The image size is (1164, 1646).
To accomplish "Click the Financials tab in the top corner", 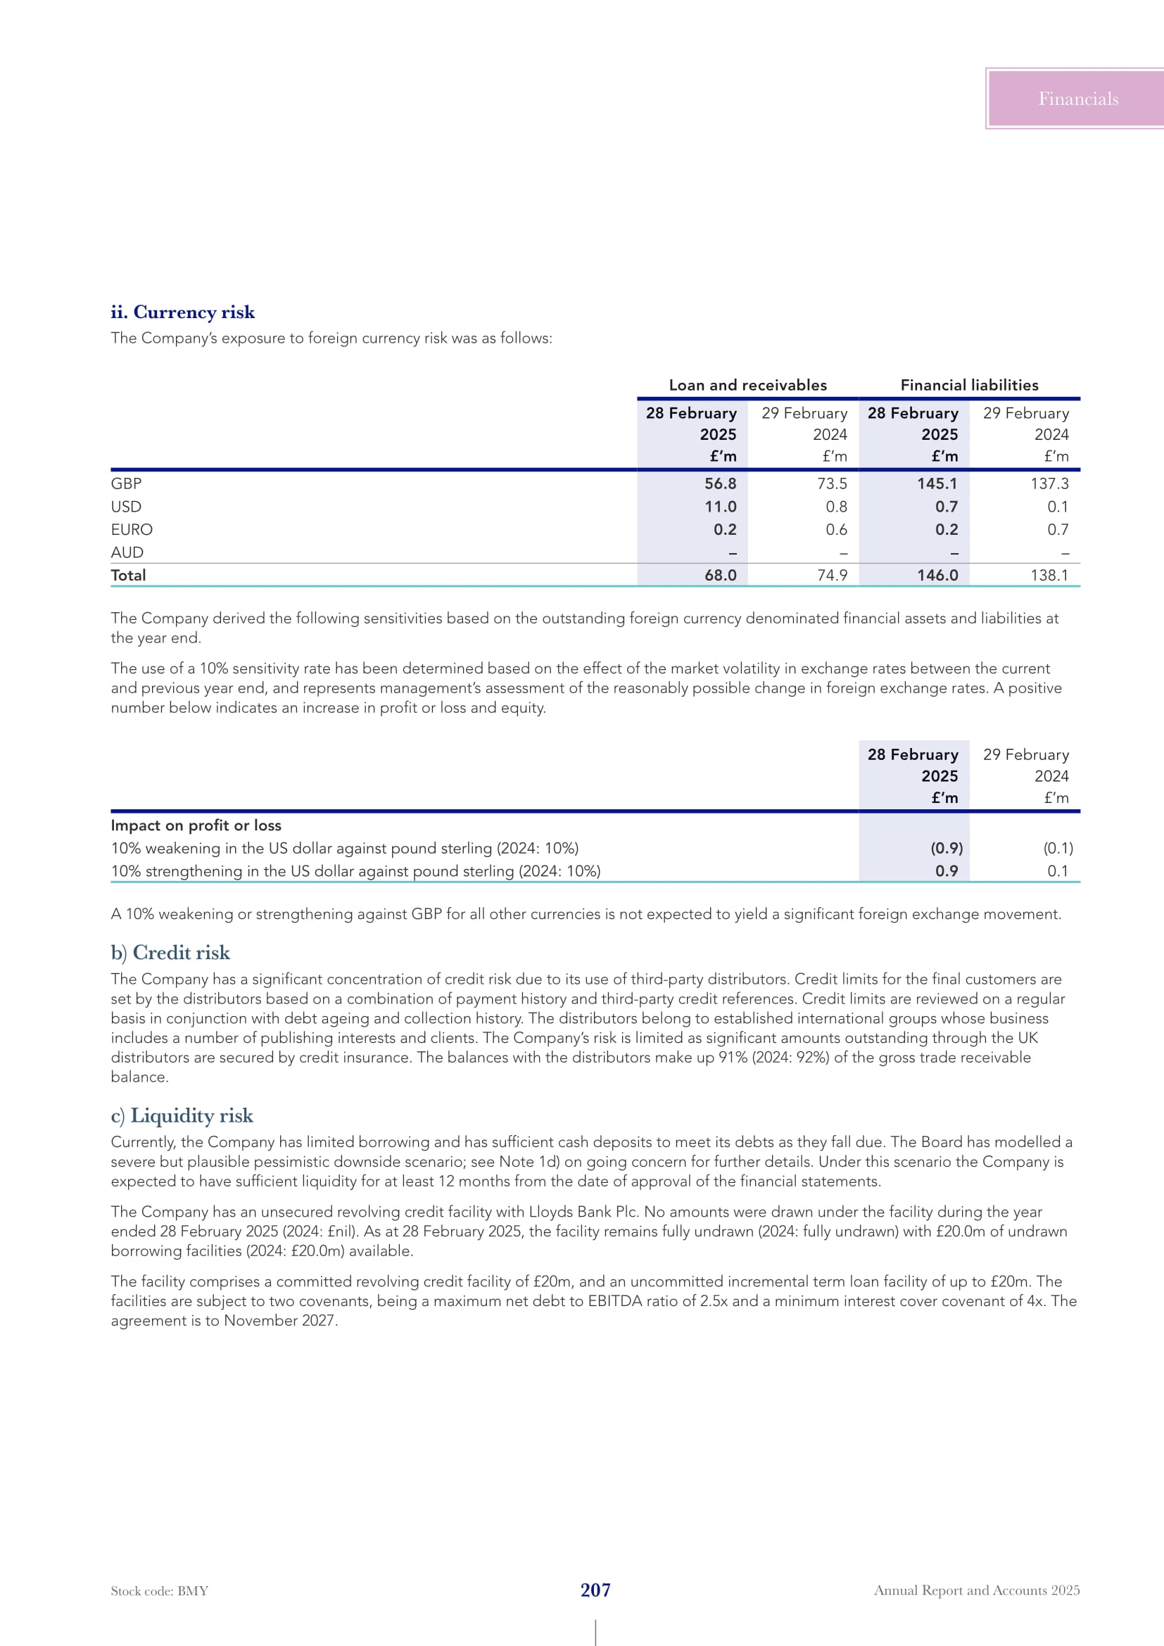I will point(1077,99).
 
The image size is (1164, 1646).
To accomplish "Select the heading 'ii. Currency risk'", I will point(183,312).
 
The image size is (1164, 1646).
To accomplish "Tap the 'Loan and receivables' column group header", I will point(747,385).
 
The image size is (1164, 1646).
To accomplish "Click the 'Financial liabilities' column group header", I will point(969,385).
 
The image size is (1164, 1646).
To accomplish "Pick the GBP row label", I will point(126,484).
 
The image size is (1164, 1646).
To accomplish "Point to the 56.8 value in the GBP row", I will point(721,484).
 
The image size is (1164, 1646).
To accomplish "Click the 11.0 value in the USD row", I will point(721,507).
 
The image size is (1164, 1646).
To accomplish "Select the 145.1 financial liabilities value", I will point(937,484).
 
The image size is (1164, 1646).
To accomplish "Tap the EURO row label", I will point(132,530).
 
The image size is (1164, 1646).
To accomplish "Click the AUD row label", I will point(127,552).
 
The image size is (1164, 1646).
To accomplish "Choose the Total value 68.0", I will point(721,575).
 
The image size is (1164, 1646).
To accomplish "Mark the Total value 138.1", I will point(1049,575).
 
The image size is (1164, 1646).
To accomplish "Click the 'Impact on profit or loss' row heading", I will point(196,825).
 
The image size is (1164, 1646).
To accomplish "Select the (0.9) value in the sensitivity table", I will point(947,848).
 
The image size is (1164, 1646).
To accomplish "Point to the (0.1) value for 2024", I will point(1058,848).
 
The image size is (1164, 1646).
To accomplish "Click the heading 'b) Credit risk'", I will point(170,953).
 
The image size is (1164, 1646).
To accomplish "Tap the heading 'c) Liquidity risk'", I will point(182,1115).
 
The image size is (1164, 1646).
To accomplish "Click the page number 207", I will point(595,1590).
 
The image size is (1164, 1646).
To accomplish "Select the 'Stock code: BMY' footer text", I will point(159,1591).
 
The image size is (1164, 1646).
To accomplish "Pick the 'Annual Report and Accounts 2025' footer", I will point(976,1590).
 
